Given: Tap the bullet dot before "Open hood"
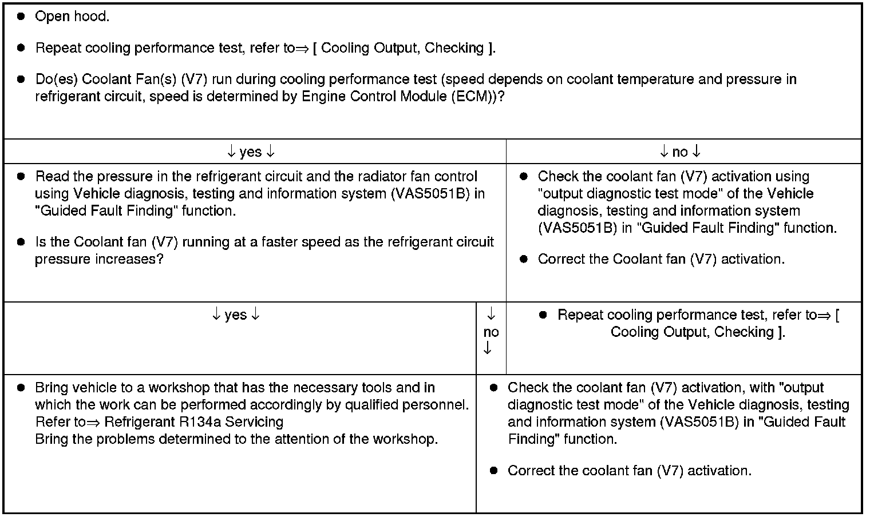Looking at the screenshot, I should (21, 16).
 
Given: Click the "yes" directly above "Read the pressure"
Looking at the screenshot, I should (251, 152).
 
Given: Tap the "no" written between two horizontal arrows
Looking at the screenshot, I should (680, 152).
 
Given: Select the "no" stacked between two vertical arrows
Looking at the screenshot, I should (491, 332).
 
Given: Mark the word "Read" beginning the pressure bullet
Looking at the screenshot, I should (50, 176).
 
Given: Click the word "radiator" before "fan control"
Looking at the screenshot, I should (367, 176).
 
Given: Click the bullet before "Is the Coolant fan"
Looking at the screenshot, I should (21, 242).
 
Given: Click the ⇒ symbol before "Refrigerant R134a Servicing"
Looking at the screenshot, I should (96, 423).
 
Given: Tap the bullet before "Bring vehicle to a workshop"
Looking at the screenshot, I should (21, 388).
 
